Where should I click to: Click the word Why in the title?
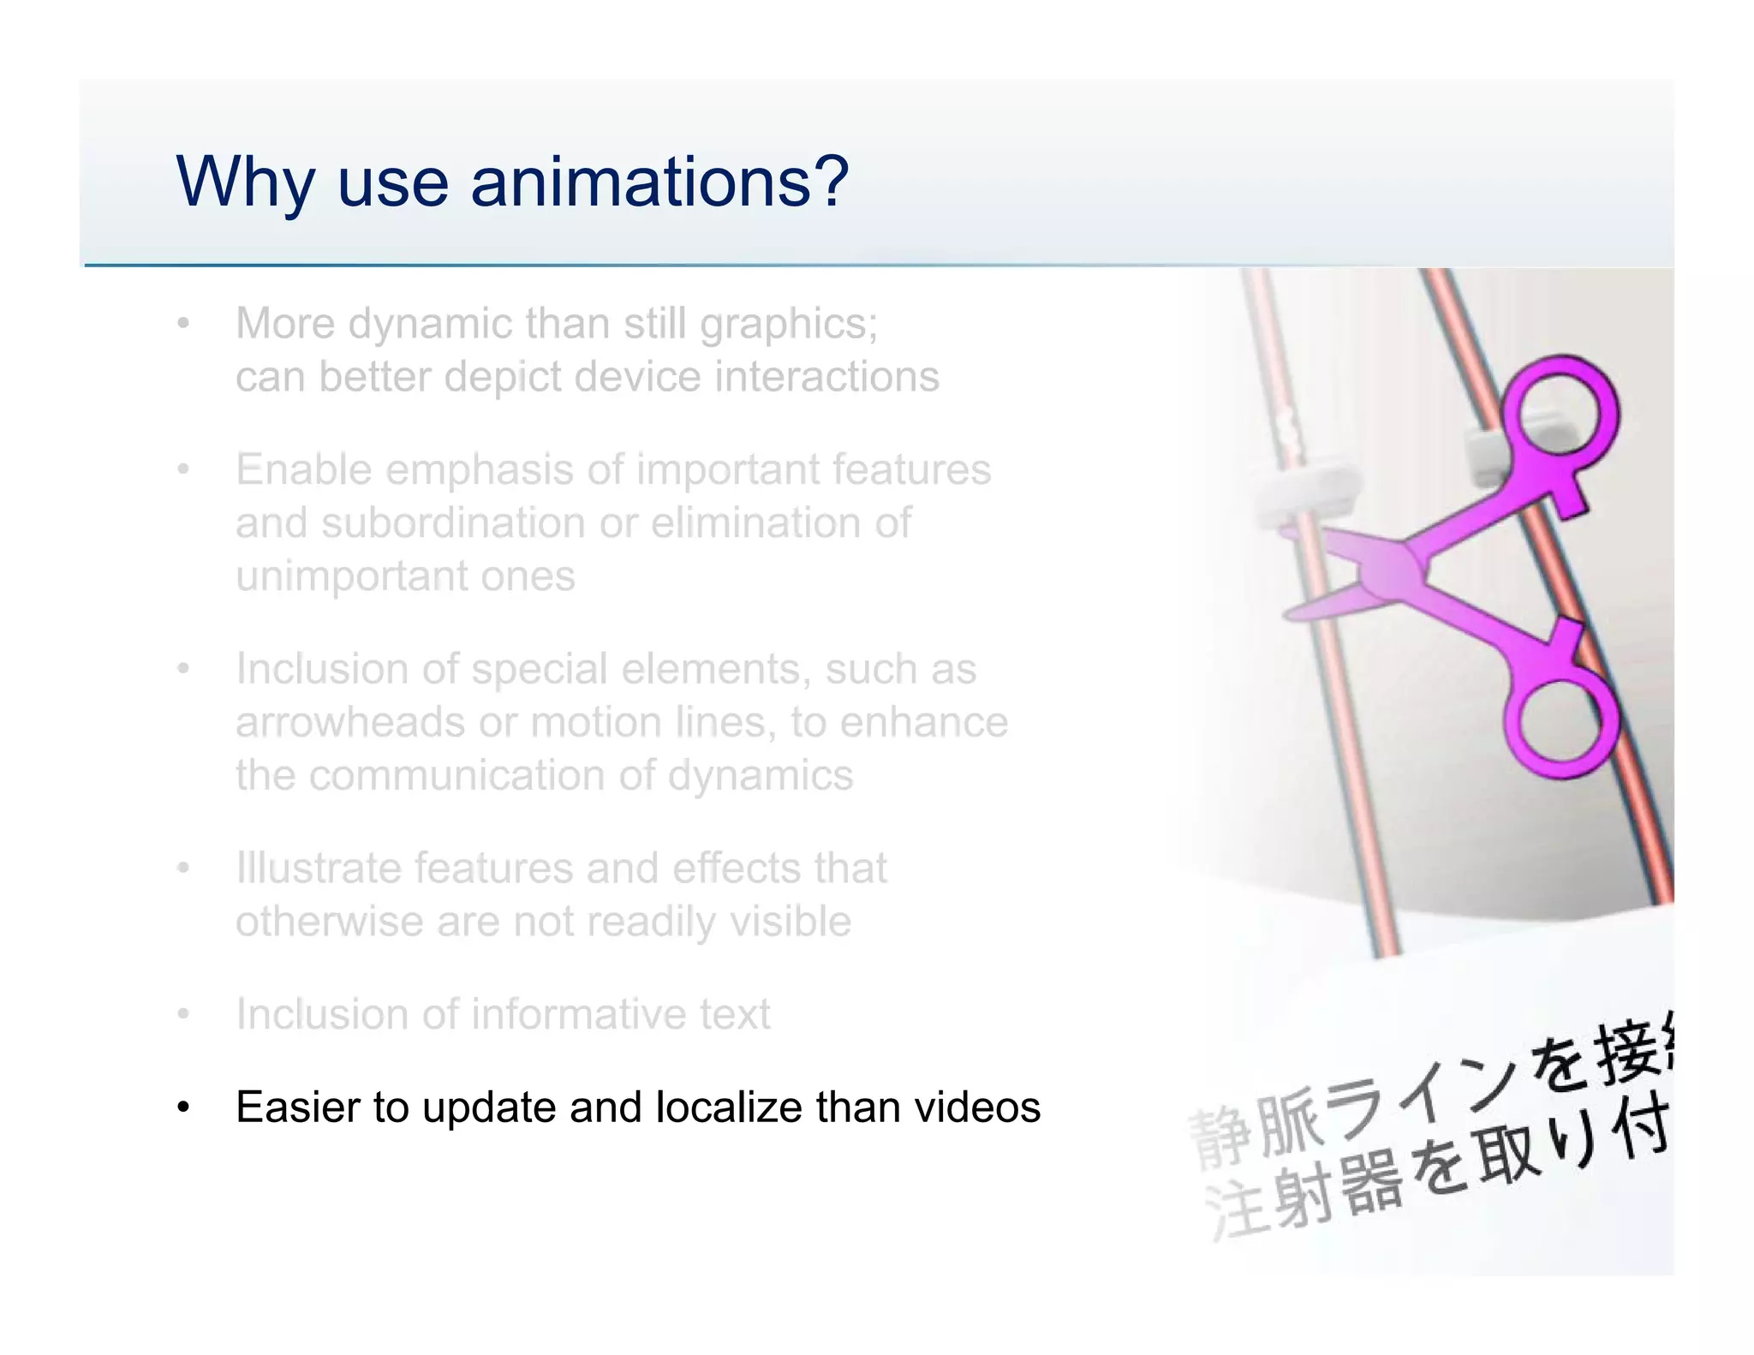tap(243, 183)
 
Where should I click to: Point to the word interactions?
tap(826, 377)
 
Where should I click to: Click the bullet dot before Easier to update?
tap(182, 1107)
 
